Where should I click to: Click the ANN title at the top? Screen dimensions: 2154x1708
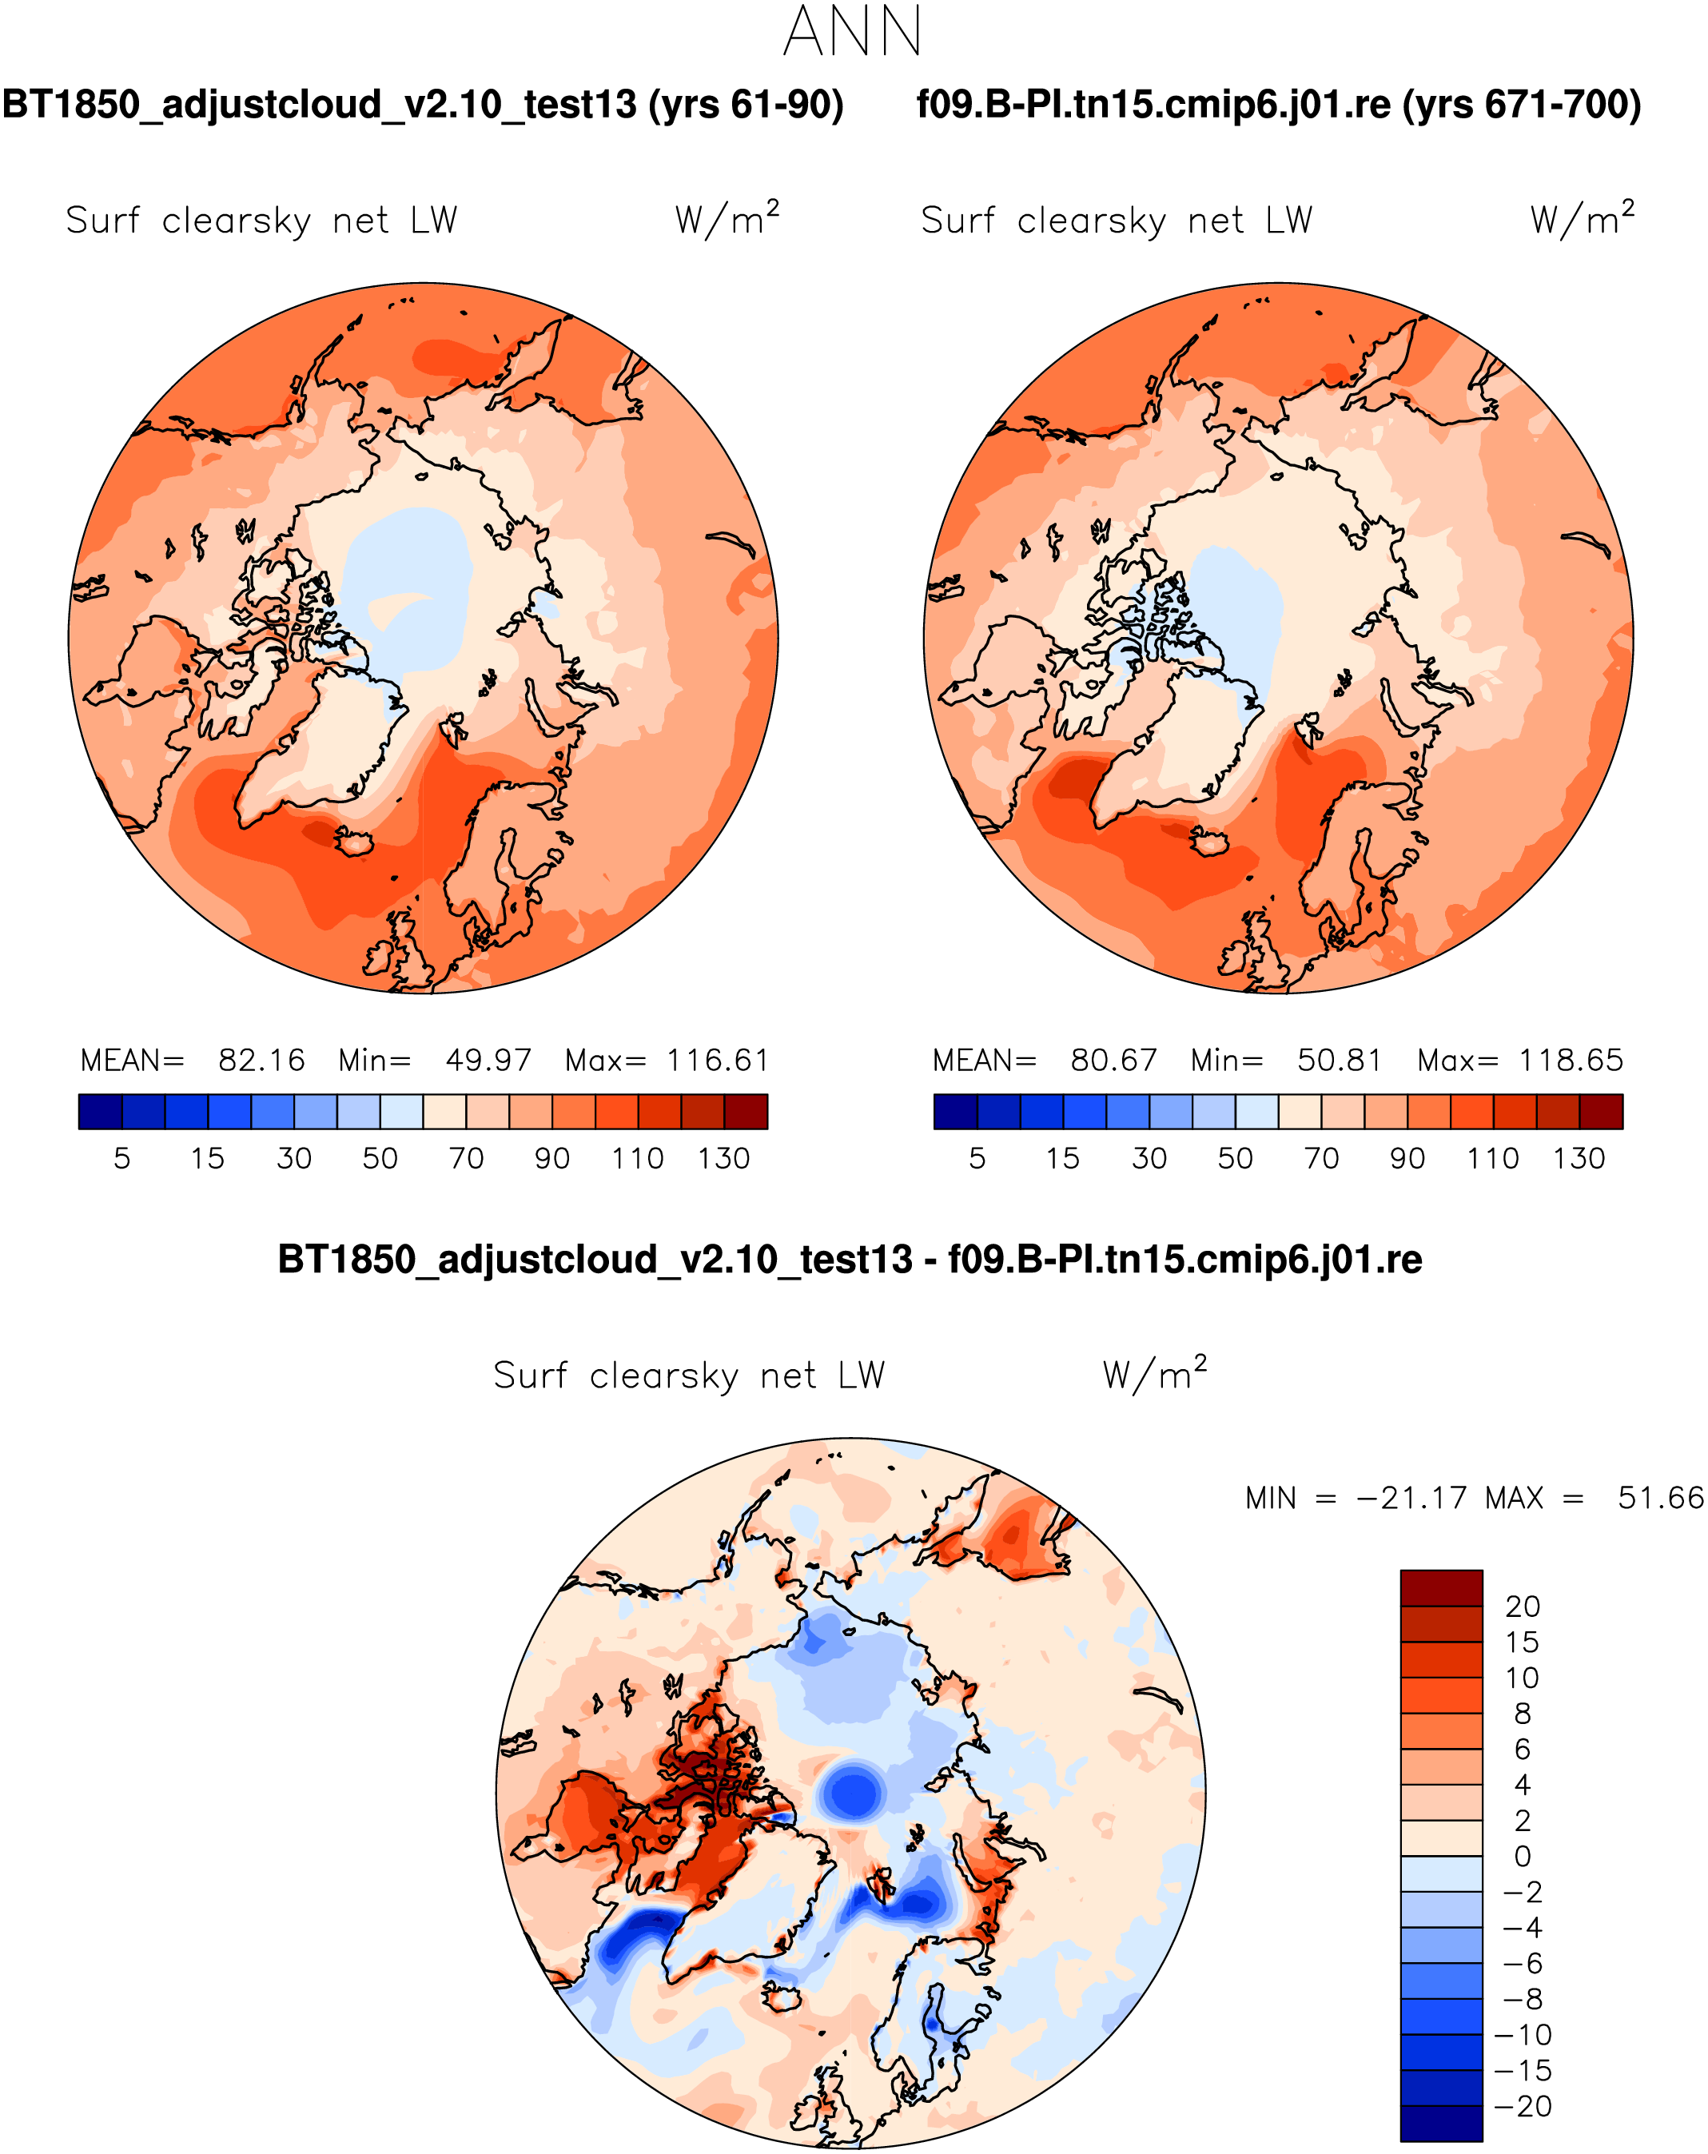(852, 32)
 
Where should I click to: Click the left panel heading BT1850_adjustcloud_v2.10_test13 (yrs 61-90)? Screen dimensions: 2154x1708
(423, 105)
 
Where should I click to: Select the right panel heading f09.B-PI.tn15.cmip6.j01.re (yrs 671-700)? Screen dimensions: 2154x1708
(1279, 105)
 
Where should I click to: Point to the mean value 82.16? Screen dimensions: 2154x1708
(261, 1060)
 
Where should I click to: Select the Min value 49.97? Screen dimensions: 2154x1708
(488, 1060)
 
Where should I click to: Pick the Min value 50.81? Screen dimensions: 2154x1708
(1340, 1060)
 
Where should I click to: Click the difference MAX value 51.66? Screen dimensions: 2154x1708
(1660, 1498)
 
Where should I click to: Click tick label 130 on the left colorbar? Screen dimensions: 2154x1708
(723, 1159)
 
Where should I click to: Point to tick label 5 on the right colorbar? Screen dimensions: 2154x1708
(977, 1159)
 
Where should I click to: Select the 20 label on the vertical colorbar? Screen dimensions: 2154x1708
(1523, 1607)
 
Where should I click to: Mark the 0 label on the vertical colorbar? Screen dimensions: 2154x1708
(1523, 1856)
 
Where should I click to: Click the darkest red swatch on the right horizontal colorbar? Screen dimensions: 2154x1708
(1601, 1111)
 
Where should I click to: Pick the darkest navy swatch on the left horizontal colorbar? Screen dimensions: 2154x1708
(100, 1111)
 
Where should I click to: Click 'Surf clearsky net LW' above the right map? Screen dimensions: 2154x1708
(1116, 221)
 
